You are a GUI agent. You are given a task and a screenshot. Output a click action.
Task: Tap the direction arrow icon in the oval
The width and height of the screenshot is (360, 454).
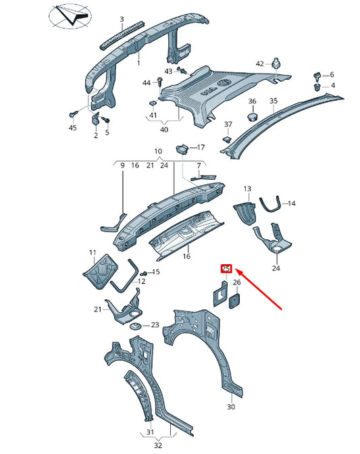coord(70,18)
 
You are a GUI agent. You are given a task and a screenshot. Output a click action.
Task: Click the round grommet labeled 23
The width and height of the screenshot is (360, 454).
coord(135,328)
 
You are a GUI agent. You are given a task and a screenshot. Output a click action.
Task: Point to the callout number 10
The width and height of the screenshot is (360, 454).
coord(158,151)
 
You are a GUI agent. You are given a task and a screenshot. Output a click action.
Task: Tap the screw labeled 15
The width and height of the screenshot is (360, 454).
coord(144,272)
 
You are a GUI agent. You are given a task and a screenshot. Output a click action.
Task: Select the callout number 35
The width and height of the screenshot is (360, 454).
coord(273,101)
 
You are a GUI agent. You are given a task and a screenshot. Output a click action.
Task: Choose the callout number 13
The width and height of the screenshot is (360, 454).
coord(247,188)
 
